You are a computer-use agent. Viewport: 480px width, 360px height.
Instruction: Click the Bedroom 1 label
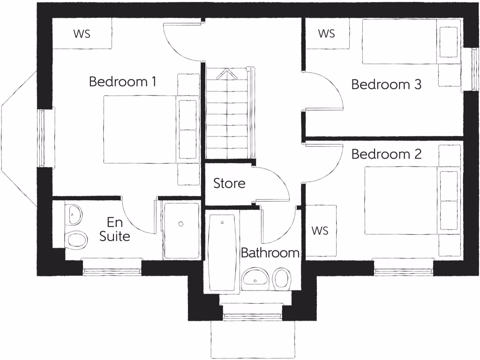pos(122,82)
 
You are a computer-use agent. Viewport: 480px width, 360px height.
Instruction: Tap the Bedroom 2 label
pos(386,154)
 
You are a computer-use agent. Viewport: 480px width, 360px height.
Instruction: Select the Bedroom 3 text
pos(386,85)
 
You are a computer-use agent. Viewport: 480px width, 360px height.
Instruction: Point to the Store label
pos(229,183)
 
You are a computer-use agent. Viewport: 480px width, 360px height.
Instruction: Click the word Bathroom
pos(270,253)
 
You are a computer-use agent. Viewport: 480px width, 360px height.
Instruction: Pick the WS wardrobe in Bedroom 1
pos(82,34)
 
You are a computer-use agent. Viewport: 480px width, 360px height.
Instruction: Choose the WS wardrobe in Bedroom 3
pos(327,34)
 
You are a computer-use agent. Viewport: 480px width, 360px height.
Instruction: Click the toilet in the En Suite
pos(76,240)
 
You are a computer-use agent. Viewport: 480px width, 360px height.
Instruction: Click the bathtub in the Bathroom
pos(222,253)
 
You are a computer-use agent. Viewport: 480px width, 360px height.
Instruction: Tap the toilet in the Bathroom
pos(281,278)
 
